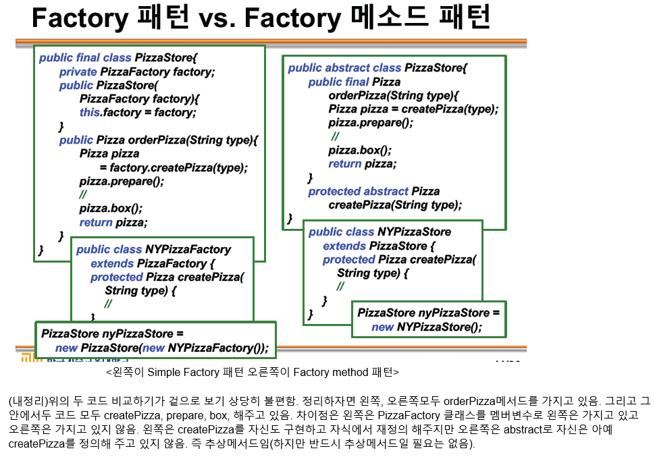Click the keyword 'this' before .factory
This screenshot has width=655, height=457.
[x=89, y=112]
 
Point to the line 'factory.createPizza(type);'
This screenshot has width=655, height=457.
[x=178, y=167]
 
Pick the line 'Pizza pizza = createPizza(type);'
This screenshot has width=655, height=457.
[x=413, y=109]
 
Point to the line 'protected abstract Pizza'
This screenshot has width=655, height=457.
[x=373, y=191]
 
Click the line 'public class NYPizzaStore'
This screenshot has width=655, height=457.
[x=379, y=232]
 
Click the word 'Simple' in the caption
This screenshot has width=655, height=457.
[x=164, y=372]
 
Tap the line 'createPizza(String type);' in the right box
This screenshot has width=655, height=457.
[x=395, y=205]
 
